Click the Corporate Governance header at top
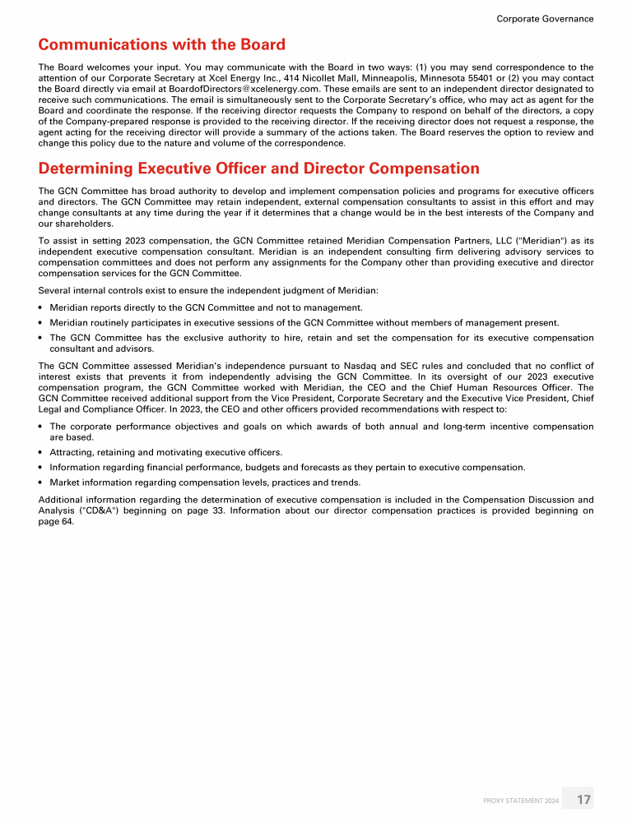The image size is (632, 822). (x=545, y=18)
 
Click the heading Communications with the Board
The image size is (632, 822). (x=161, y=44)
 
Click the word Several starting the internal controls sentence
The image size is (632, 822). (x=57, y=290)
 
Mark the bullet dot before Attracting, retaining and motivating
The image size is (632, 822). (x=41, y=453)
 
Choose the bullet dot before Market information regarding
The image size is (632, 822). (x=41, y=482)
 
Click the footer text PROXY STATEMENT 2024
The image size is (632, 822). (x=521, y=800)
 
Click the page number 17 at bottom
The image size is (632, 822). (x=583, y=799)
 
